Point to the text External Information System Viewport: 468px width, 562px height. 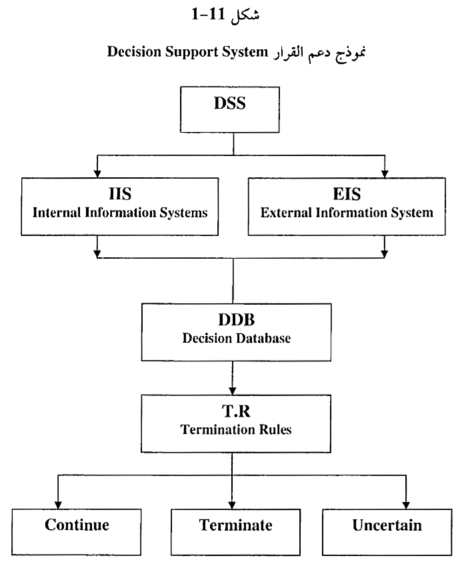coord(347,213)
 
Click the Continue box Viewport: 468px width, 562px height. coord(77,525)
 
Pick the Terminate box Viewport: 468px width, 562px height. coord(235,525)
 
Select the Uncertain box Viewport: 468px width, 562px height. coord(387,525)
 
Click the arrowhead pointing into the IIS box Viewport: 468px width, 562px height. coord(97,173)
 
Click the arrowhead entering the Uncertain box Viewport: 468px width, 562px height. coord(405,503)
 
